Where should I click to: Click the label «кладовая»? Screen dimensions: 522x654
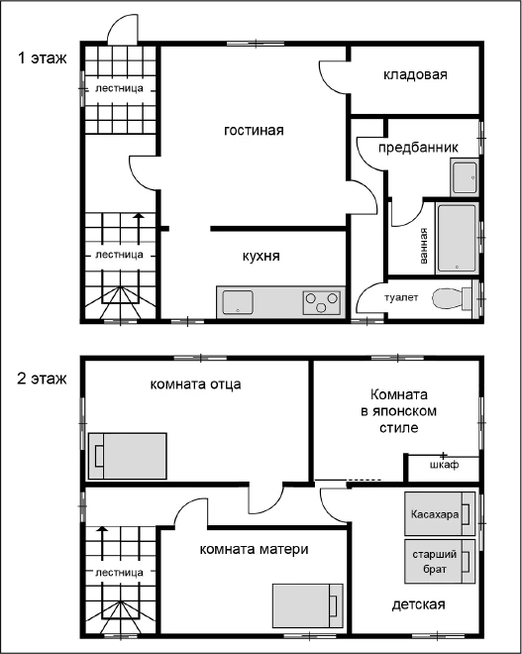pyautogui.click(x=415, y=75)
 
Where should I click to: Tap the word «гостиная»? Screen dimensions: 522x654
pyautogui.click(x=254, y=130)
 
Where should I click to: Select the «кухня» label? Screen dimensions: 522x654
pyautogui.click(x=261, y=256)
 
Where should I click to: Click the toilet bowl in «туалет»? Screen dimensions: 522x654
pyautogui.click(x=452, y=298)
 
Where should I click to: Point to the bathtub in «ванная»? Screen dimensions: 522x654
pyautogui.click(x=457, y=238)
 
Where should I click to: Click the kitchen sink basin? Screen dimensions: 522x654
pyautogui.click(x=238, y=302)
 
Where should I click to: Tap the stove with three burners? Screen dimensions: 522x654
pyautogui.click(x=321, y=302)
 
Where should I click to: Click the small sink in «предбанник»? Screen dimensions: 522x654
pyautogui.click(x=465, y=176)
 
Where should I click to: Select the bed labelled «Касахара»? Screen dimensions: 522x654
pyautogui.click(x=440, y=513)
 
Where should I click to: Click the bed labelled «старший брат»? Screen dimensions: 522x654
pyautogui.click(x=440, y=562)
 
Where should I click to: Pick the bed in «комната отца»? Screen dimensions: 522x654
pyautogui.click(x=127, y=456)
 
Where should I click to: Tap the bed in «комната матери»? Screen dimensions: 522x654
pyautogui.click(x=308, y=605)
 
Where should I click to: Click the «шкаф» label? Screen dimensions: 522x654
pyautogui.click(x=445, y=465)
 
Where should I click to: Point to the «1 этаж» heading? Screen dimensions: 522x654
pyautogui.click(x=43, y=58)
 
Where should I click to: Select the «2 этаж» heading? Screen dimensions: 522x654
pyautogui.click(x=43, y=379)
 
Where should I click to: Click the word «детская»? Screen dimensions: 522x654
pyautogui.click(x=419, y=604)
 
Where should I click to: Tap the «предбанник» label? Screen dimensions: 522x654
pyautogui.click(x=418, y=148)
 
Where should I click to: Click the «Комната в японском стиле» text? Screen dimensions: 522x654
pyautogui.click(x=398, y=411)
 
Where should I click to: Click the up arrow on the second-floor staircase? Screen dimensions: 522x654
pyautogui.click(x=102, y=543)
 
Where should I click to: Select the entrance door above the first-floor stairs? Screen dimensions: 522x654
pyautogui.click(x=122, y=30)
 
